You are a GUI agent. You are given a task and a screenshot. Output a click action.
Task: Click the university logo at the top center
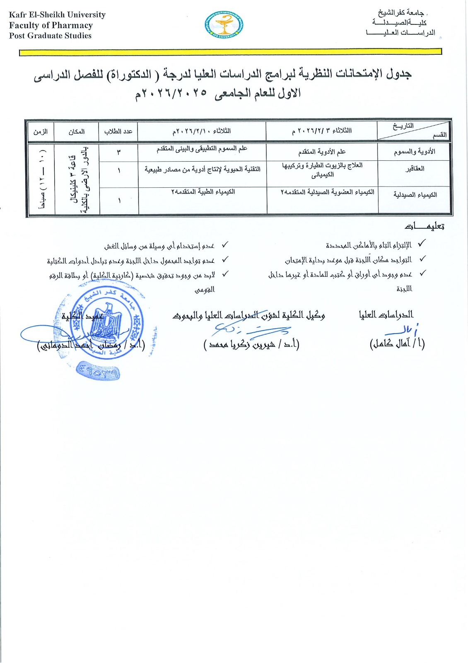(x=224, y=26)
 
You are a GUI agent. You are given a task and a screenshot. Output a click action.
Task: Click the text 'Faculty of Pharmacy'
(x=51, y=25)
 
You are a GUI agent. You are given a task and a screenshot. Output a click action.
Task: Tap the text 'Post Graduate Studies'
(x=50, y=36)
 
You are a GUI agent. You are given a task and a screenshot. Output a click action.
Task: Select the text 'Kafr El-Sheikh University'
(x=57, y=15)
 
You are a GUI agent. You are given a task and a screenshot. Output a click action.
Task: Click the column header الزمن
(x=41, y=132)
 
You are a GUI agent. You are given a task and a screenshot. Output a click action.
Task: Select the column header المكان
(x=77, y=132)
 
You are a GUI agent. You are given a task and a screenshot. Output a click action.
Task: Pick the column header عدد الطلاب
(x=118, y=132)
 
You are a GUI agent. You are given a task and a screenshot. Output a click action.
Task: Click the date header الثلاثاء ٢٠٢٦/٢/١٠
(x=202, y=131)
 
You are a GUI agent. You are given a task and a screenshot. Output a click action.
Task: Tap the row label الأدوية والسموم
(x=414, y=152)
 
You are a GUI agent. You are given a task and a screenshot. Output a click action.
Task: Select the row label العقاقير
(x=415, y=169)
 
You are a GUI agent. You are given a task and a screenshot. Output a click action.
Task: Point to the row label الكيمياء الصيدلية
(x=415, y=195)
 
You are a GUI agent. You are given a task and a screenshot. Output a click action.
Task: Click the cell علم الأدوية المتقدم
(x=322, y=152)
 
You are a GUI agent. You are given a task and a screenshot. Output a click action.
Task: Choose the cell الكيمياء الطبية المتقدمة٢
(x=203, y=192)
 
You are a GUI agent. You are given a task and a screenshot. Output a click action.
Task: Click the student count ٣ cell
(x=118, y=152)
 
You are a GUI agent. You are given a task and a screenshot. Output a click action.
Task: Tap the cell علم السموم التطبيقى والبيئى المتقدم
(x=202, y=149)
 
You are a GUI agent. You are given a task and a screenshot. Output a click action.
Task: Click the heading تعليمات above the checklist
(x=424, y=227)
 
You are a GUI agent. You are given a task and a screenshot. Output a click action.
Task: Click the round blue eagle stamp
(x=106, y=323)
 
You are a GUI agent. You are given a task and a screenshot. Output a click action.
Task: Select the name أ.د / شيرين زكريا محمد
(x=251, y=344)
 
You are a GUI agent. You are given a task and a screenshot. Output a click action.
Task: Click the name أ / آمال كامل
(x=397, y=344)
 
